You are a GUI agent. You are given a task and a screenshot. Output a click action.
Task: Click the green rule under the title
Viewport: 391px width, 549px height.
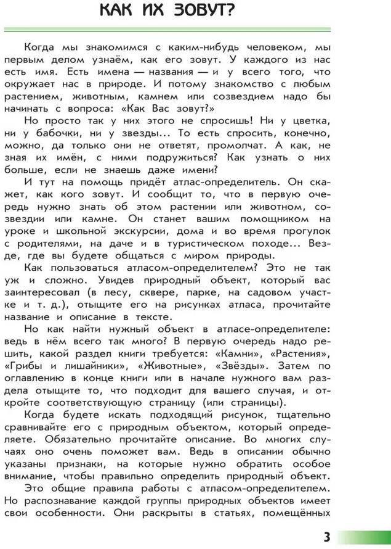coord(167,29)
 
